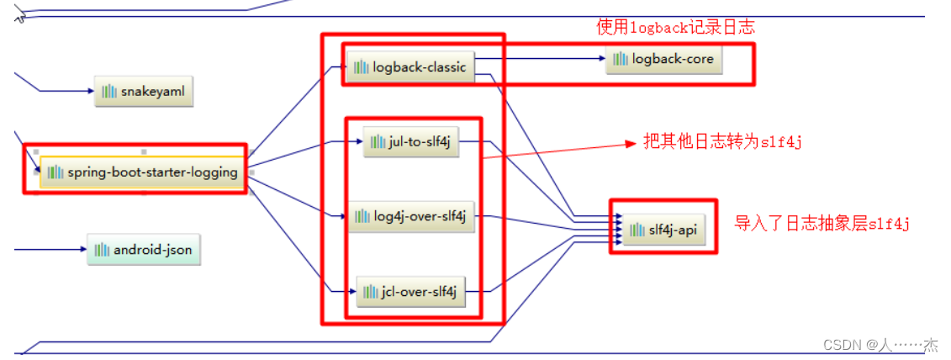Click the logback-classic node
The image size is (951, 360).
[x=410, y=67]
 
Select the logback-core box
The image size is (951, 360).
[x=664, y=59]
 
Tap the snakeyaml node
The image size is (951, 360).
[x=144, y=91]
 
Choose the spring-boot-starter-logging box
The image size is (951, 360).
[x=142, y=172]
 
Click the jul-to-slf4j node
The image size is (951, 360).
[x=411, y=142]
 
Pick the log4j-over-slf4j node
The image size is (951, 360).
[x=411, y=216]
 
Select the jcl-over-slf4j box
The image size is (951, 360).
[x=410, y=292]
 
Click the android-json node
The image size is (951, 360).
[x=144, y=250]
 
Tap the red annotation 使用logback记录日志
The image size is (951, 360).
[x=676, y=27]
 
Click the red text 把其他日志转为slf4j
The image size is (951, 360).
[x=721, y=142]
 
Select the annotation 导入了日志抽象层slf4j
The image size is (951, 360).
[x=822, y=224]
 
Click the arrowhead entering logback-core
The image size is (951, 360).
[x=600, y=59]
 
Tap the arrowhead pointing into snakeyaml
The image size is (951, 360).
[x=90, y=91]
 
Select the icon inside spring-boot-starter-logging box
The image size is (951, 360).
[x=55, y=172]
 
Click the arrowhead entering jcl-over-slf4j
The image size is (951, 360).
[x=352, y=292]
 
